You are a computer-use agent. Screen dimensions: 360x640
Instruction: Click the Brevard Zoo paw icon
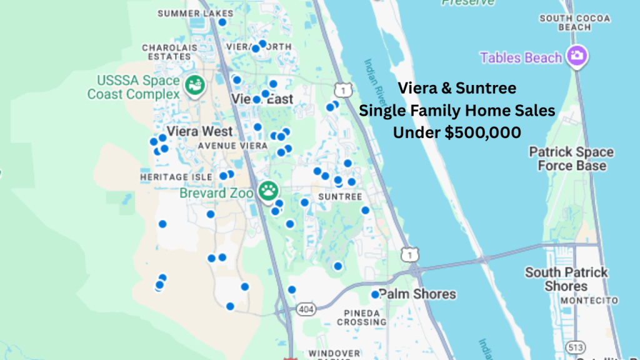pyautogui.click(x=269, y=189)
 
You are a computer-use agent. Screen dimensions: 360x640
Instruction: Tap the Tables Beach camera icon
pyautogui.click(x=576, y=57)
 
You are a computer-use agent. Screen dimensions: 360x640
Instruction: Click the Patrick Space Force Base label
pyautogui.click(x=571, y=159)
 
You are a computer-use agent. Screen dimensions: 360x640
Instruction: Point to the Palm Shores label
pyautogui.click(x=417, y=294)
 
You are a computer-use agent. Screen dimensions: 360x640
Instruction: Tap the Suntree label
pyautogui.click(x=340, y=196)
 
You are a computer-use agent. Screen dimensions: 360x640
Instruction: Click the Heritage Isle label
pyautogui.click(x=176, y=177)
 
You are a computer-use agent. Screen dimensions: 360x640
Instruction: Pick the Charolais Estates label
pyautogui.click(x=166, y=52)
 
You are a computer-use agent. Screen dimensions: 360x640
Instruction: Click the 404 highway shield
pyautogui.click(x=307, y=309)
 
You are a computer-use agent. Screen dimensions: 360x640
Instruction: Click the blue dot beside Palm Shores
pyautogui.click(x=375, y=294)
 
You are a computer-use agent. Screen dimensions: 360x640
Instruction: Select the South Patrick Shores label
pyautogui.click(x=566, y=279)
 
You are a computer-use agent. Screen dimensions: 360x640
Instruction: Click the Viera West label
pyautogui.click(x=200, y=131)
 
